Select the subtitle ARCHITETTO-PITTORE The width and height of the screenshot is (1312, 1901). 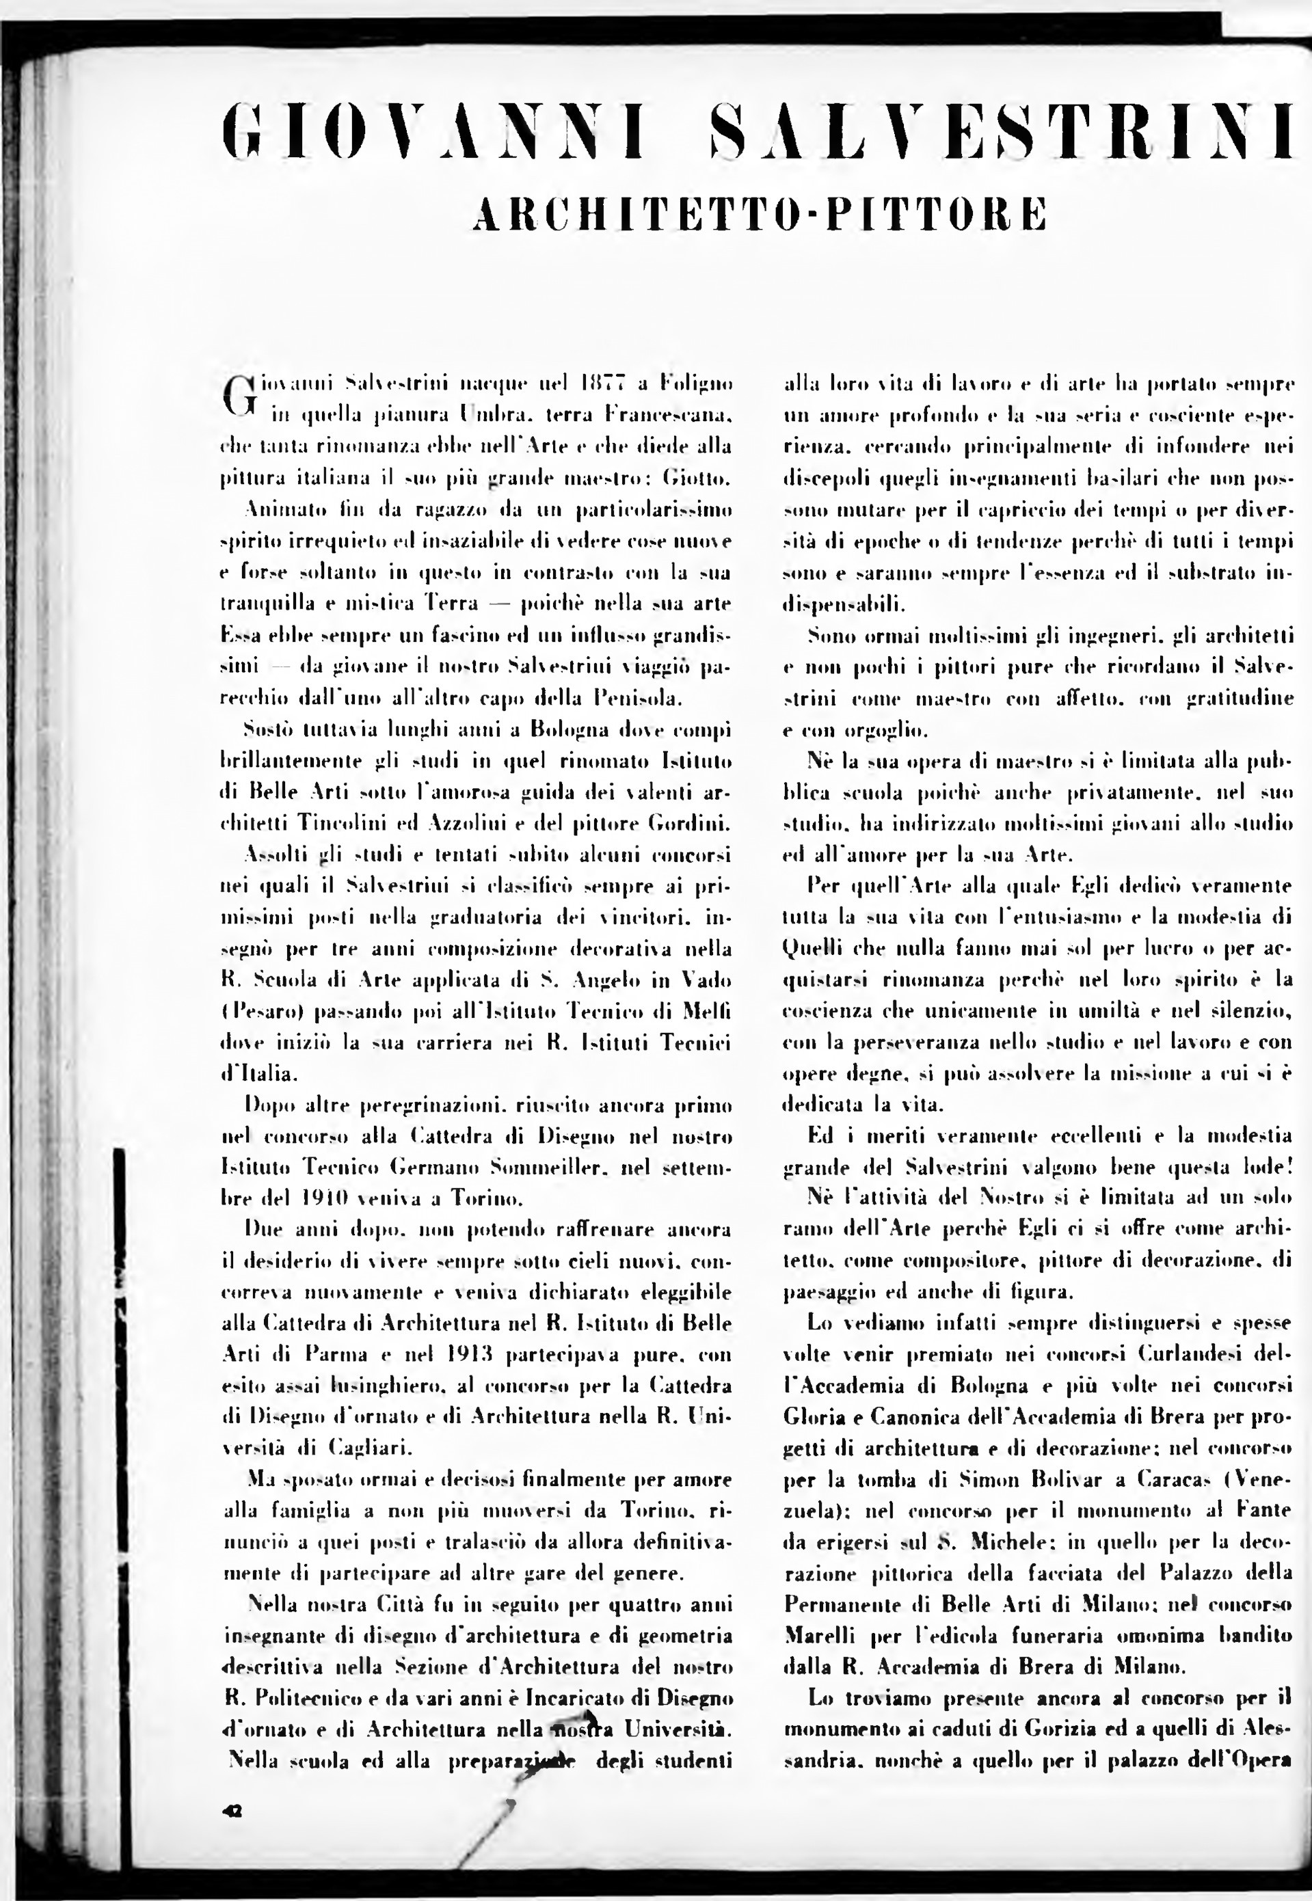coord(761,214)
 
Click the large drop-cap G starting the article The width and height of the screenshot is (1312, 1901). coord(237,394)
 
